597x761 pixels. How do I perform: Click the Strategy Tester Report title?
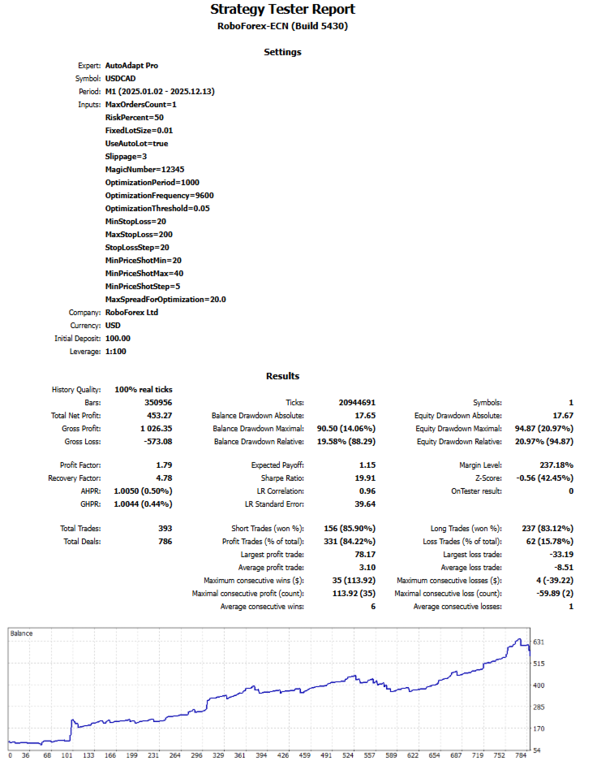click(x=282, y=10)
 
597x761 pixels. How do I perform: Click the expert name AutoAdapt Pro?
click(x=131, y=65)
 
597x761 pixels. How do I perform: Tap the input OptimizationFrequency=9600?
click(x=159, y=195)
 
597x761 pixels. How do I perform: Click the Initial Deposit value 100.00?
click(x=118, y=338)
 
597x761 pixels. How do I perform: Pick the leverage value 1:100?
click(x=116, y=351)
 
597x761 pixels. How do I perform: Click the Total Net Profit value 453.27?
click(x=159, y=415)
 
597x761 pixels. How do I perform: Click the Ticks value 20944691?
click(x=356, y=402)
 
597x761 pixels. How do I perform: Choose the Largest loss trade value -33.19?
click(x=560, y=554)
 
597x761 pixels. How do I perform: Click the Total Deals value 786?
click(x=165, y=541)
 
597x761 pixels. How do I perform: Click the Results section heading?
click(x=282, y=376)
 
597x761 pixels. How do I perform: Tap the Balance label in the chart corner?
click(x=21, y=633)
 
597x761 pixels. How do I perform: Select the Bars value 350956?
click(x=157, y=402)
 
